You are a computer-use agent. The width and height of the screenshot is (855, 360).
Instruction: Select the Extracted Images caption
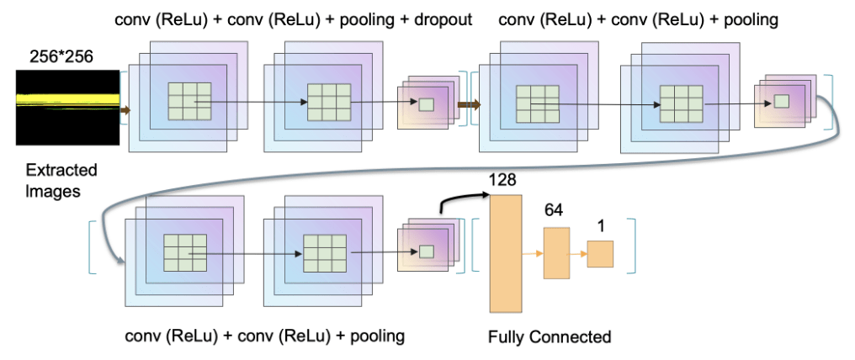[x=56, y=180]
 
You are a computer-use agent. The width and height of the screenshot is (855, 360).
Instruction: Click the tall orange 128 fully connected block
[x=506, y=252]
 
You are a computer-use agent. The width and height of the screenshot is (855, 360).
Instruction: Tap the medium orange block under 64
[x=556, y=253]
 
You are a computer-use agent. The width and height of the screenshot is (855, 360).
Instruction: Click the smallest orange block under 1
[x=600, y=253]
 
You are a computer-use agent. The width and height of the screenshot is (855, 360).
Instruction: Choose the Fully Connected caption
[x=550, y=337]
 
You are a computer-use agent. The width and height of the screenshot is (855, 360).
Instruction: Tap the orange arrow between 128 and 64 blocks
[x=533, y=251]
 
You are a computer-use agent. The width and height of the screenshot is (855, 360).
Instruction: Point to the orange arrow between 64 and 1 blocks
[x=578, y=252]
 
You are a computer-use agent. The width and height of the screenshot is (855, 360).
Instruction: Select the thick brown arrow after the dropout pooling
[x=468, y=105]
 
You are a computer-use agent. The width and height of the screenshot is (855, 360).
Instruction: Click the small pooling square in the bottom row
[x=426, y=251]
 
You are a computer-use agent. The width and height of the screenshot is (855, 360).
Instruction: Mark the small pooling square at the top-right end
[x=781, y=101]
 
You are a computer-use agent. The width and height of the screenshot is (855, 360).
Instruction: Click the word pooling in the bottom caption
[x=377, y=336]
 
